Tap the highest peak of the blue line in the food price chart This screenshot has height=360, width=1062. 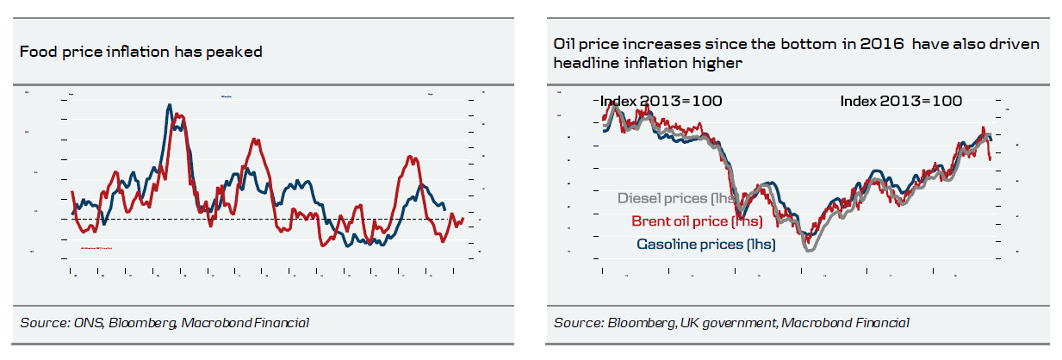click(x=167, y=104)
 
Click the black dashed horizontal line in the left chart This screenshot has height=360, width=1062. click(x=258, y=219)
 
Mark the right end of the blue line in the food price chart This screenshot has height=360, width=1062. click(x=445, y=209)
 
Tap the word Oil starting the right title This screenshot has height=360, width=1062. click(x=565, y=44)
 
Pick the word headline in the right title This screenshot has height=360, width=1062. click(x=584, y=63)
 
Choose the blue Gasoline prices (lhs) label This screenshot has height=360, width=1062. click(x=705, y=245)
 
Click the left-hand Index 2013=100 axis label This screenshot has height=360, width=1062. click(x=661, y=101)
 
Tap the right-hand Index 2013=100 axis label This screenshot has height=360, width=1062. click(x=901, y=101)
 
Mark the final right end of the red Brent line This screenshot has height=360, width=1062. click(x=991, y=159)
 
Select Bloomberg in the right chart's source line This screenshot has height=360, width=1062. click(x=638, y=323)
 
